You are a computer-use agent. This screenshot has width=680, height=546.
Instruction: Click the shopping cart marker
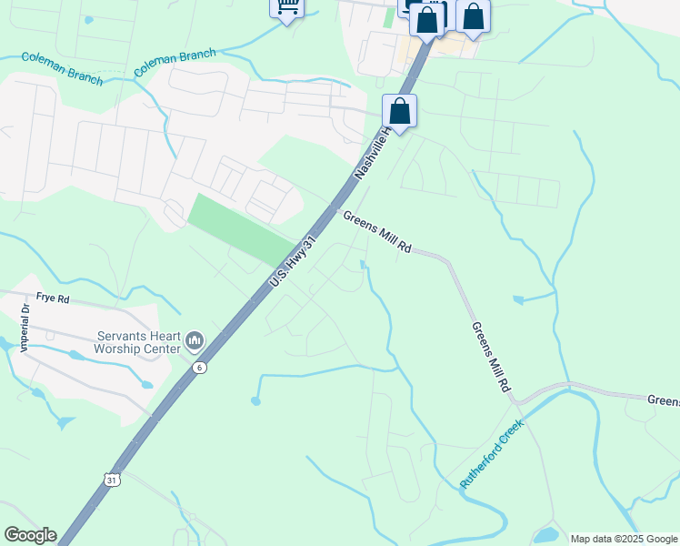pyautogui.click(x=287, y=7)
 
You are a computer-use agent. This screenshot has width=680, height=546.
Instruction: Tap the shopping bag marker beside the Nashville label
pyautogui.click(x=399, y=112)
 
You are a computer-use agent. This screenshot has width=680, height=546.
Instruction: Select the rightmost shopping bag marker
pyautogui.click(x=473, y=15)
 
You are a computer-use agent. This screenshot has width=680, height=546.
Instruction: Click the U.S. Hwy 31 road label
pyautogui.click(x=293, y=263)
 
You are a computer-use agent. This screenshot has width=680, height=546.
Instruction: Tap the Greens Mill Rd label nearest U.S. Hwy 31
pyautogui.click(x=377, y=234)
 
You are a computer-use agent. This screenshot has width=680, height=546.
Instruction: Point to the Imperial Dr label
pyautogui.click(x=25, y=328)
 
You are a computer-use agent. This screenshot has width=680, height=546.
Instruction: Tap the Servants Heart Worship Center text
pyautogui.click(x=135, y=342)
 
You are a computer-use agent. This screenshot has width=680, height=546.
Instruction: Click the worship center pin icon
pyautogui.click(x=194, y=341)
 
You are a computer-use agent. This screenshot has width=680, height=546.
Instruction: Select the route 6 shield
pyautogui.click(x=200, y=367)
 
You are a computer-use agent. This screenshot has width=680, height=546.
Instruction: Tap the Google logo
pyautogui.click(x=30, y=535)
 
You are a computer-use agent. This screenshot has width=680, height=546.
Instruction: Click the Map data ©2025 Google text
pyautogui.click(x=624, y=539)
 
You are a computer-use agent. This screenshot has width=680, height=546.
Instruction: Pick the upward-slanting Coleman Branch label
pyautogui.click(x=175, y=63)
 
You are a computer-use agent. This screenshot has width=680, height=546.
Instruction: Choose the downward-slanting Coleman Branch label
pyautogui.click(x=62, y=67)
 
